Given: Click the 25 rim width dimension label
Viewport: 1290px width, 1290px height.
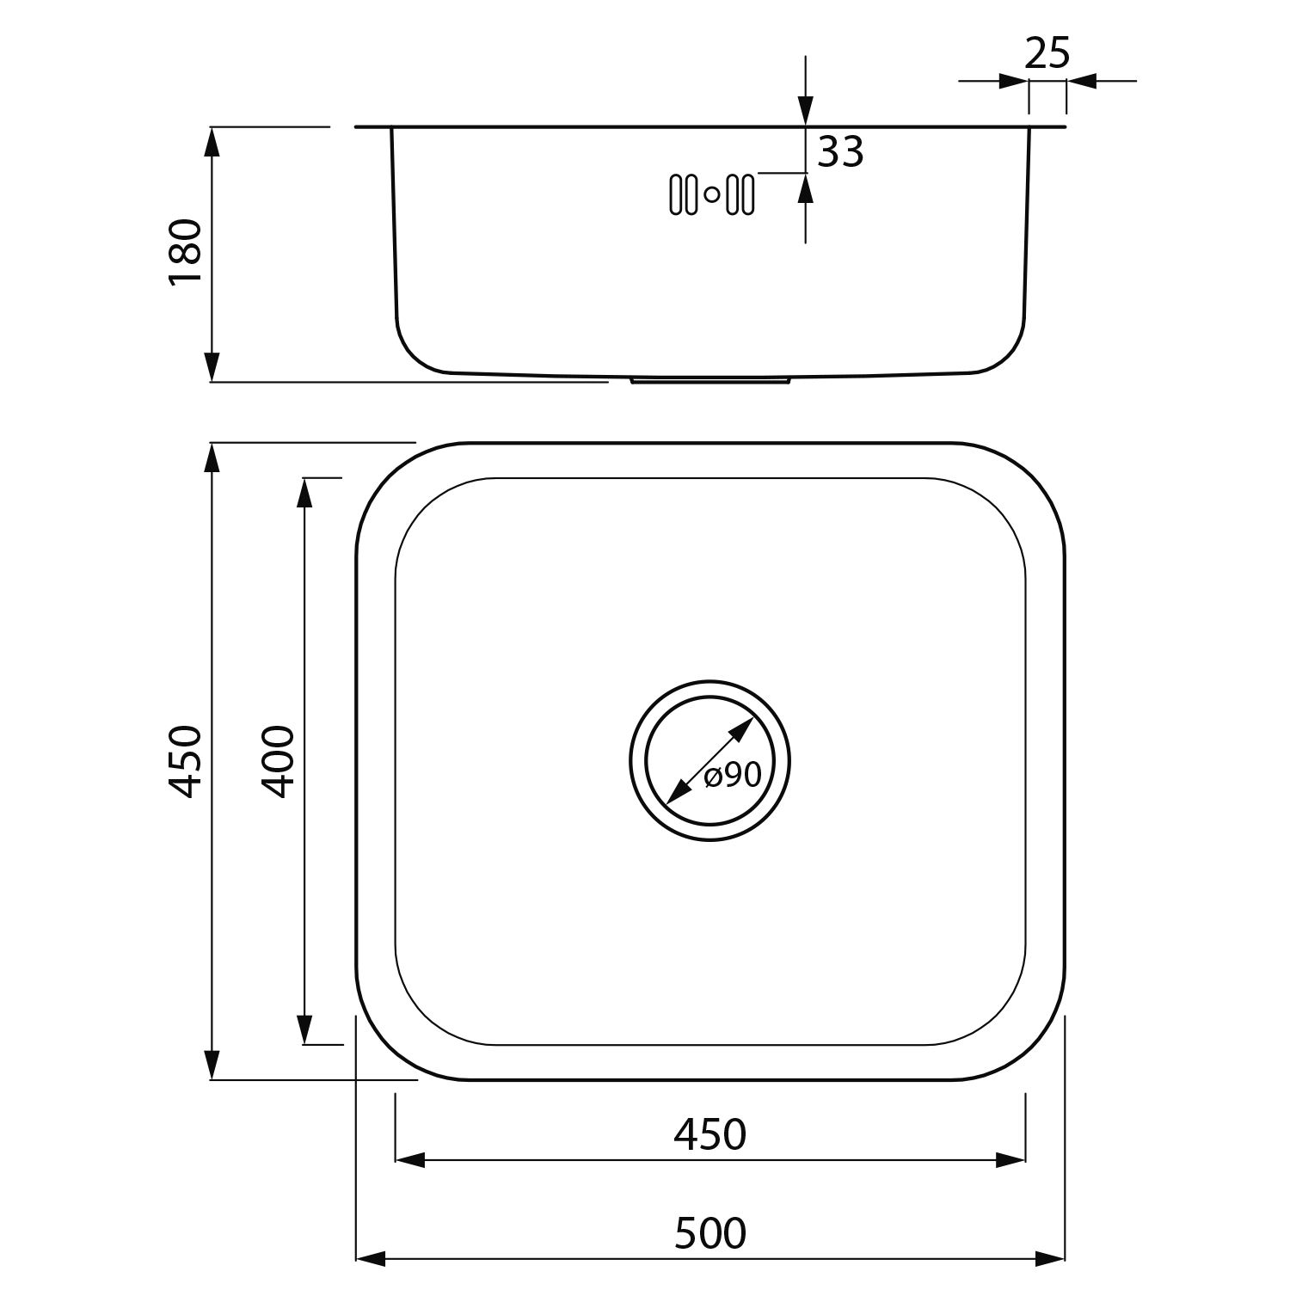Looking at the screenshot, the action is [1047, 54].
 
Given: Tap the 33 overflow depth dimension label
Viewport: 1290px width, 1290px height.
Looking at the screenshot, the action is [840, 152].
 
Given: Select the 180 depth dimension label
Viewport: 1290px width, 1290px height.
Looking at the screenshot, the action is [186, 251].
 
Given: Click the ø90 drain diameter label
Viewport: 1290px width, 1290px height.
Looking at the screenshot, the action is [733, 776].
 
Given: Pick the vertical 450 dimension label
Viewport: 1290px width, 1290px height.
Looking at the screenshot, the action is [186, 761].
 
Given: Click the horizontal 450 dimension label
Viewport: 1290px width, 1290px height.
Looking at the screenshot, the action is [710, 1135].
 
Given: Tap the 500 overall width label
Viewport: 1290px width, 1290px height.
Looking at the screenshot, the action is [710, 1234].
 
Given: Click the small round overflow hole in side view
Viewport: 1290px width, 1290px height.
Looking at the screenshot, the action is [712, 194].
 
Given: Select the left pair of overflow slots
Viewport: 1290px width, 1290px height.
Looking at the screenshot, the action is [683, 194].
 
